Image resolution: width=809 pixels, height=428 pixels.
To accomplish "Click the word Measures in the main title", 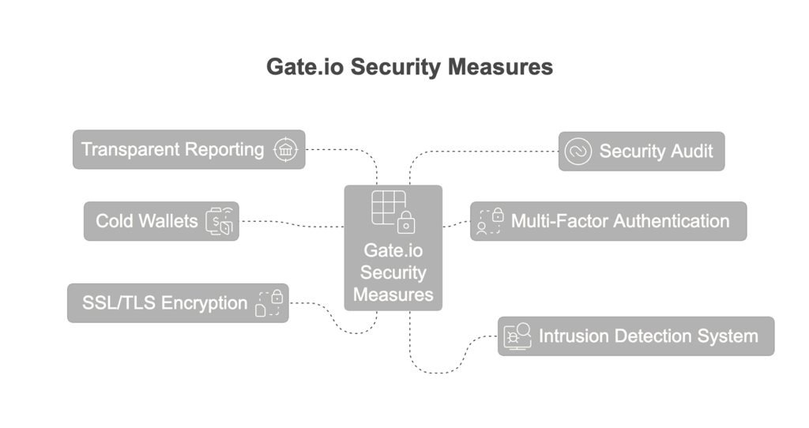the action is coord(500,67).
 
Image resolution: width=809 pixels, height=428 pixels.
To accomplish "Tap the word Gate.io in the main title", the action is coord(305,67).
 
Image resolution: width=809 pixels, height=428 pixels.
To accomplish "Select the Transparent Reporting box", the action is coord(189,149).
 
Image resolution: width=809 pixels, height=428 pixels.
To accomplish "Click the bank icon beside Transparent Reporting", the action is coord(285,149).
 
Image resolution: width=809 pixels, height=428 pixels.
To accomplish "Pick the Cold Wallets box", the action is coord(161,221).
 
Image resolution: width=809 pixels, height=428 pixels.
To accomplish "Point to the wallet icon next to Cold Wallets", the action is coord(220,221).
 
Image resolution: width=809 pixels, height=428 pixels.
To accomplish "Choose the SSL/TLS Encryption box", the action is coord(178,303).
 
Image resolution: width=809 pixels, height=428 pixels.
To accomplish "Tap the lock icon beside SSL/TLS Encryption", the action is coord(269,303).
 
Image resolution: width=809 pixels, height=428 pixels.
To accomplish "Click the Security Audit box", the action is coord(642,151).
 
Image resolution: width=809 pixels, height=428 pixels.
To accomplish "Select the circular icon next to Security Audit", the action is coord(578,151).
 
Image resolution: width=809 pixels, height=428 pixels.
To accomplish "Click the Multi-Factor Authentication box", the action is coord(608,221).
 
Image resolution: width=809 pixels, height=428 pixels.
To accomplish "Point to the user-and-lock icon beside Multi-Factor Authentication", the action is coord(490,221).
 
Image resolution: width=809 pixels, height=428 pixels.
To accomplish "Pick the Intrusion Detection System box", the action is coord(636,336).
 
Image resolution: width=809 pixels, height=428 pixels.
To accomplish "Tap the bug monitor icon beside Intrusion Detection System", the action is coord(517,336).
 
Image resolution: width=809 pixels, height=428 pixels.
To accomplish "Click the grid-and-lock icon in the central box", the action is coord(393,212).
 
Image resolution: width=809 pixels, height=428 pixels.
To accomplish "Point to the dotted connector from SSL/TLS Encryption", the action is coord(335,321).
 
